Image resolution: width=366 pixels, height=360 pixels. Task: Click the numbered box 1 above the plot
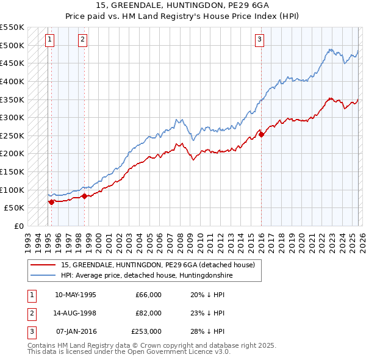tap(49, 40)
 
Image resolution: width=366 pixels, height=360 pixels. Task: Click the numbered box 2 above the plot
tap(82, 40)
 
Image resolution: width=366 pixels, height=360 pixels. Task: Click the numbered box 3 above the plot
tap(259, 40)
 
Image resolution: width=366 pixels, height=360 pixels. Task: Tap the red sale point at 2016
tap(261, 135)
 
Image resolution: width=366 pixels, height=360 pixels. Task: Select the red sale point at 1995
tap(51, 202)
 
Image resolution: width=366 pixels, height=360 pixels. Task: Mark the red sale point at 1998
tap(84, 196)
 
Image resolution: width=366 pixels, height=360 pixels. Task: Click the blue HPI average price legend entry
tap(146, 275)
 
